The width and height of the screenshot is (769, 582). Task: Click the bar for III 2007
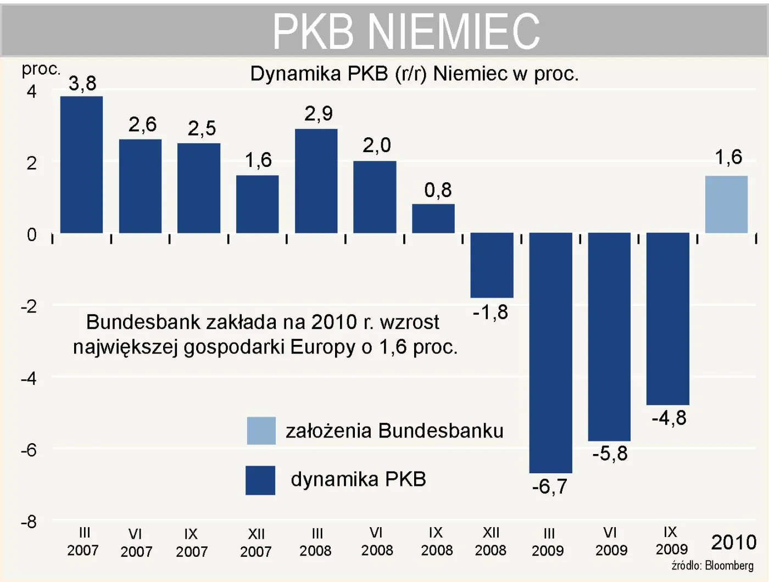tap(81, 165)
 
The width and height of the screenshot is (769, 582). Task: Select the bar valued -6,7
tap(550, 352)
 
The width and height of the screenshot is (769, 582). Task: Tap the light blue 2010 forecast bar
tap(726, 204)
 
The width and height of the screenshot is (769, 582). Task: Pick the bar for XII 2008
tap(492, 265)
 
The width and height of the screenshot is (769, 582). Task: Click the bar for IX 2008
tap(433, 219)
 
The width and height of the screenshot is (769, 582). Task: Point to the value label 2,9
tap(319, 114)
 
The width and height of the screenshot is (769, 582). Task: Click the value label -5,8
tap(610, 454)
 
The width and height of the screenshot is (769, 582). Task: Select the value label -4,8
tap(668, 418)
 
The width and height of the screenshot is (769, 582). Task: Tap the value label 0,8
tap(438, 190)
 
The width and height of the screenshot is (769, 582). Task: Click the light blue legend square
tap(261, 430)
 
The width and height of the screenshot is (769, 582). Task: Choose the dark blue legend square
tap(260, 480)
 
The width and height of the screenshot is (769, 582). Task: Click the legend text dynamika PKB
tap(358, 479)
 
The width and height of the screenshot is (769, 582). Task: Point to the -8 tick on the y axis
tap(29, 522)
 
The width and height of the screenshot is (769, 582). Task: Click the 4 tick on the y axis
tap(31, 91)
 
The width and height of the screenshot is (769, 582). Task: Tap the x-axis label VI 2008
tap(377, 541)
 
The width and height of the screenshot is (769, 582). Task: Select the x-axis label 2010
tap(733, 542)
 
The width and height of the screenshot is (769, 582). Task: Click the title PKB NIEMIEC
tap(406, 31)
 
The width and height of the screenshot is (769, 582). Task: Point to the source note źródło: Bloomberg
tap(712, 566)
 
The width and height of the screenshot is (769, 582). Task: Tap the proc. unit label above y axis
tap(41, 69)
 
